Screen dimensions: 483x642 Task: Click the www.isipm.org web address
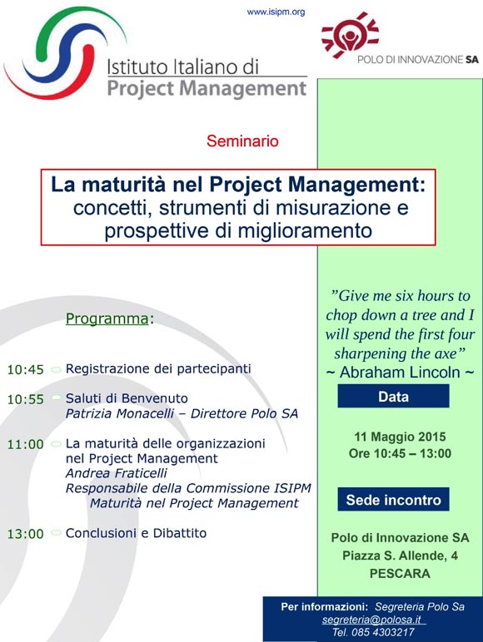(276, 12)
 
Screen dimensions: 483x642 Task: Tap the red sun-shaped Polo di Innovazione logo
(350, 35)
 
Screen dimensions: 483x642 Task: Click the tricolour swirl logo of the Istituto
(66, 52)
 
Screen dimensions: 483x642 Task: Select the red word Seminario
(242, 141)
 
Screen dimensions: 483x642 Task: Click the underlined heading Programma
(107, 319)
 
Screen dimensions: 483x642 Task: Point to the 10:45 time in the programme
(26, 370)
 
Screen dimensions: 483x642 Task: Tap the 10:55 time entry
(26, 399)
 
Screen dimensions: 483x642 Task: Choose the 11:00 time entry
(26, 444)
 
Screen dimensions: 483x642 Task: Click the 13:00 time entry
(26, 534)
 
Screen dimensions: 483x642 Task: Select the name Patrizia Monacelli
(120, 413)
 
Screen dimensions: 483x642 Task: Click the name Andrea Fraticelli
(117, 473)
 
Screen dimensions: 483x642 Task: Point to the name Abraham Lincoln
(400, 373)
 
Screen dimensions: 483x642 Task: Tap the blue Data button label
(394, 397)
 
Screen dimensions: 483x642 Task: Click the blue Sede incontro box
(394, 500)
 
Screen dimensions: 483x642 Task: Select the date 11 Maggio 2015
(401, 437)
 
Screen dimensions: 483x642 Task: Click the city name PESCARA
(401, 573)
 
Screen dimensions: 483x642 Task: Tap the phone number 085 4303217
(383, 632)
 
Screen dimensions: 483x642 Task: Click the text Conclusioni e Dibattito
(136, 533)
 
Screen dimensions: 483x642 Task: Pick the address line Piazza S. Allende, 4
(401, 556)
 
